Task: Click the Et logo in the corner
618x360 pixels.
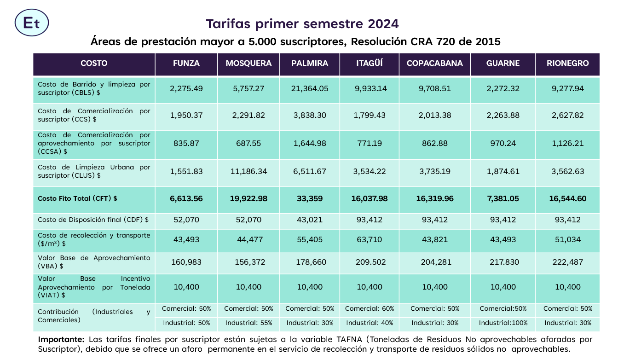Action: coord(32,23)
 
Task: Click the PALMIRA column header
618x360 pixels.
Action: coord(310,63)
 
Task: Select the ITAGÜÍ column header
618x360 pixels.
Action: coord(370,63)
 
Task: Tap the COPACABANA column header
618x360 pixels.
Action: coord(434,63)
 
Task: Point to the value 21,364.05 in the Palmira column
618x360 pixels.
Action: coord(310,89)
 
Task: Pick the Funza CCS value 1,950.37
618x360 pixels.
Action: coord(186,116)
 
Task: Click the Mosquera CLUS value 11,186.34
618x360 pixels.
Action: coord(248,172)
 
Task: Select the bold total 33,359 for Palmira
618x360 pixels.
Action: coord(310,199)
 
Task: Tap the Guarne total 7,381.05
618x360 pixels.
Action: coord(502,199)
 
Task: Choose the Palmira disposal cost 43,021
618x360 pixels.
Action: coord(310,220)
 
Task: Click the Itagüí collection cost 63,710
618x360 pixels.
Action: coord(370,240)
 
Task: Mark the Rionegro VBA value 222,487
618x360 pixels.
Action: coord(567,262)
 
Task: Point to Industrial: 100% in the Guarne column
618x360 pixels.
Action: coord(503,323)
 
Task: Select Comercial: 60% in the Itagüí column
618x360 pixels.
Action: coord(370,308)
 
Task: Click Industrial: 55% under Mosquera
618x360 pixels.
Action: coord(248,323)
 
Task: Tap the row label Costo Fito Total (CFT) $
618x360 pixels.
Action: coord(77,199)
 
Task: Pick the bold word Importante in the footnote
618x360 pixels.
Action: coord(61,339)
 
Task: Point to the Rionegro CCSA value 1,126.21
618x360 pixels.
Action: coord(567,144)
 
